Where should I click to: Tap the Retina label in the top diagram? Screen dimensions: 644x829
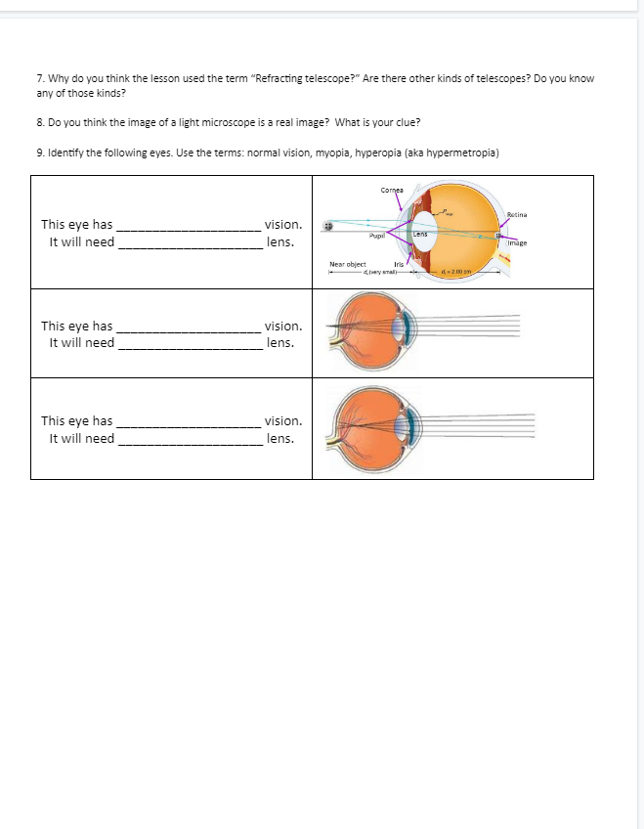point(518,213)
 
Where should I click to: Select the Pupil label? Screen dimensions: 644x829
point(375,236)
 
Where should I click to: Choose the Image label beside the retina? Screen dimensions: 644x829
point(518,242)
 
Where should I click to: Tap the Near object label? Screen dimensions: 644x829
point(347,264)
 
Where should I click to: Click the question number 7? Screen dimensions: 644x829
point(39,78)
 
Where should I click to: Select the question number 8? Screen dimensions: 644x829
point(39,122)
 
